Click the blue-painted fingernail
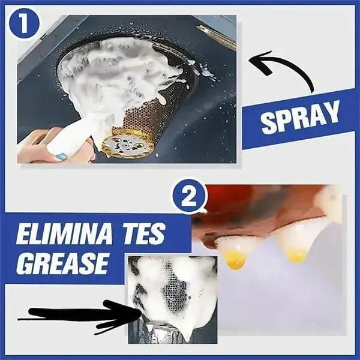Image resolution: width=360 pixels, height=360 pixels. [x=61, y=156]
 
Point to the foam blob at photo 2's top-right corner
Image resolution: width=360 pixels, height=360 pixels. [x=329, y=201]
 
